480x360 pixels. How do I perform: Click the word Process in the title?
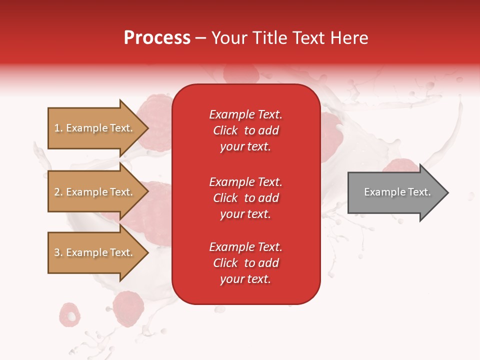pyautogui.click(x=157, y=38)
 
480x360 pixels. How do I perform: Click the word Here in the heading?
pyautogui.click(x=348, y=38)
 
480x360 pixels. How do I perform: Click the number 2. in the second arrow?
pyautogui.click(x=58, y=192)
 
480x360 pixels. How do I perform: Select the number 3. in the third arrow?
pyautogui.click(x=58, y=252)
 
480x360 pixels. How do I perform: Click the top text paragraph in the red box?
pyautogui.click(x=245, y=130)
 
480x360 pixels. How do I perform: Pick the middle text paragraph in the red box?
pyautogui.click(x=245, y=198)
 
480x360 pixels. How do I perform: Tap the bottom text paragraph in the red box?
pyautogui.click(x=245, y=263)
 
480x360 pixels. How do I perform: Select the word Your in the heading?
pyautogui.click(x=228, y=38)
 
